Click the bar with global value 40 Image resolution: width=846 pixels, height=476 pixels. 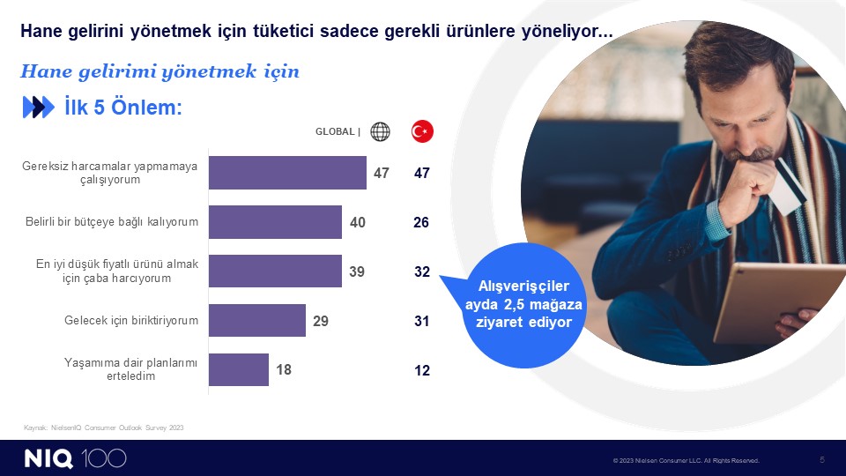pyautogui.click(x=275, y=222)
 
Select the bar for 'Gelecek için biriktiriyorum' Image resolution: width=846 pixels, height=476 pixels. pyautogui.click(x=257, y=321)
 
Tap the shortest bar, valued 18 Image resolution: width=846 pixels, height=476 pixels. pyautogui.click(x=239, y=369)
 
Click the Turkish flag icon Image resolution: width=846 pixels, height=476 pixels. pyautogui.click(x=422, y=131)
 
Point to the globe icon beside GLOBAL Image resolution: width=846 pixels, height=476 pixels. pyautogui.click(x=380, y=131)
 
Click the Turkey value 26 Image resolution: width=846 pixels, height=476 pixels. pyautogui.click(x=421, y=222)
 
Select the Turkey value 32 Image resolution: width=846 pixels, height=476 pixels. pyautogui.click(x=422, y=271)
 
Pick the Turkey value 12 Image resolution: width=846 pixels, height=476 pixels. pyautogui.click(x=422, y=370)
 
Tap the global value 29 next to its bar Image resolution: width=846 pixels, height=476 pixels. pyautogui.click(x=321, y=321)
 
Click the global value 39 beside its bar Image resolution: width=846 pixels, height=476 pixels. pyautogui.click(x=357, y=271)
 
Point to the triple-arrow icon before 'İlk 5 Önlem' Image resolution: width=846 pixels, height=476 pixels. pyautogui.click(x=38, y=107)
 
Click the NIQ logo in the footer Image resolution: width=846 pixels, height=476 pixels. pyautogui.click(x=48, y=458)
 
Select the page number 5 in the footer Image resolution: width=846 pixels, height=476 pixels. pyautogui.click(x=822, y=460)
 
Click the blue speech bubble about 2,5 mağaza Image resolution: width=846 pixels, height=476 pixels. pyautogui.click(x=523, y=305)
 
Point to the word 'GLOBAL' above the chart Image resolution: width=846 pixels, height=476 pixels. pyautogui.click(x=335, y=131)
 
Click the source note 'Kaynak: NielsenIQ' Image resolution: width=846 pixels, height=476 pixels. pyautogui.click(x=104, y=428)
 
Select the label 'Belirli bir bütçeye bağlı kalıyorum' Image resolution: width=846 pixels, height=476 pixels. pyautogui.click(x=112, y=222)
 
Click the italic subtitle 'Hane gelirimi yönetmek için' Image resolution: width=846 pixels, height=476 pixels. pyautogui.click(x=160, y=71)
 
